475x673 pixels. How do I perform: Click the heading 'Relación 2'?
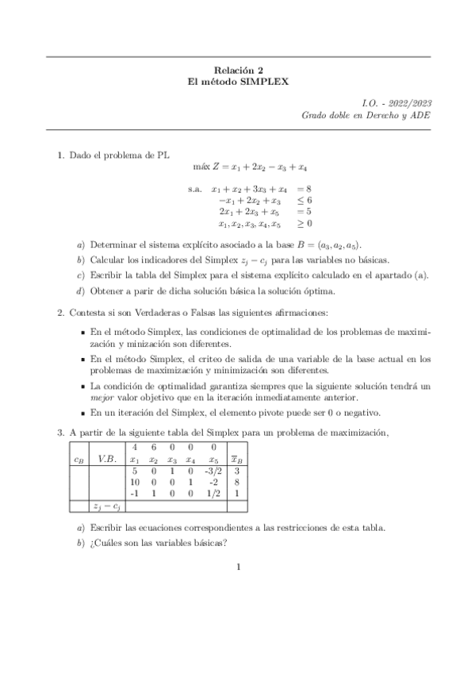coord(238,69)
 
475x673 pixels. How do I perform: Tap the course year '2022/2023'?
coord(410,103)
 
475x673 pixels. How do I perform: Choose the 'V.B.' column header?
coord(105,459)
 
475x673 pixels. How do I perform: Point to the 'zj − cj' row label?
coord(105,505)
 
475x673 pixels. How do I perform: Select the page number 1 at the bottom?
coord(238,567)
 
